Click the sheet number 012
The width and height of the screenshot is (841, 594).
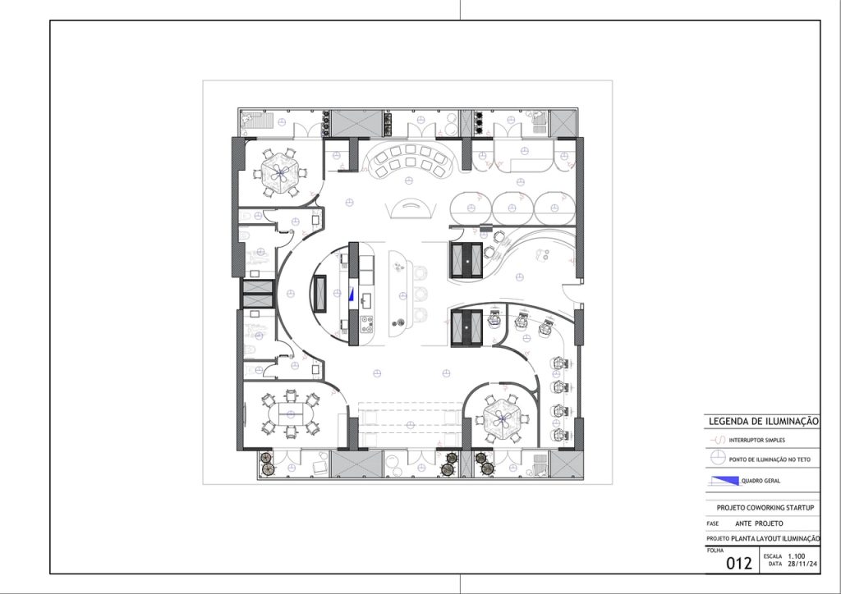click(739, 563)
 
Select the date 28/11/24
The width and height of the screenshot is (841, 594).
click(802, 564)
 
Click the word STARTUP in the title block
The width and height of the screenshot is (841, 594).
click(799, 507)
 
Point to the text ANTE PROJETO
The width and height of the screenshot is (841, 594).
click(759, 523)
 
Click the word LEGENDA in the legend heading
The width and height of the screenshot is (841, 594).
click(728, 422)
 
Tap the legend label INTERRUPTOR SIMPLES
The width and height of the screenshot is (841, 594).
click(756, 441)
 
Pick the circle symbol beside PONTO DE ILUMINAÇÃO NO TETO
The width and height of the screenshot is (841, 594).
click(717, 458)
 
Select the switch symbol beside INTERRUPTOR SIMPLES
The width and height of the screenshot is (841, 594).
click(718, 441)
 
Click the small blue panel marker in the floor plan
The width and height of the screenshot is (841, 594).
click(352, 294)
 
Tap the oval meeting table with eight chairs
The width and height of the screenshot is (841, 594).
click(290, 414)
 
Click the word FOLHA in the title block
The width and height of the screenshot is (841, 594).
click(715, 551)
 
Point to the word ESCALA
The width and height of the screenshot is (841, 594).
click(773, 556)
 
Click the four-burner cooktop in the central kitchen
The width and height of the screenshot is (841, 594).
click(367, 323)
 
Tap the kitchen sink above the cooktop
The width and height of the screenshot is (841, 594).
click(366, 302)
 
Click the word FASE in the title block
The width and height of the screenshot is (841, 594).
click(713, 523)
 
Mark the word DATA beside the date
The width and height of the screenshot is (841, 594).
click(775, 564)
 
